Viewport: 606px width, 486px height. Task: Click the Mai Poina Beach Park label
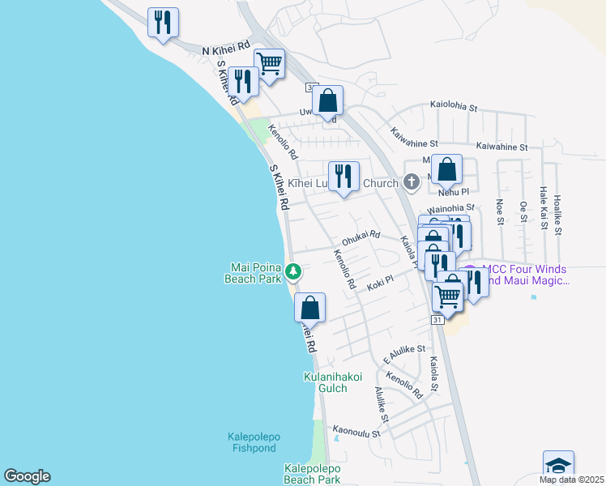255,271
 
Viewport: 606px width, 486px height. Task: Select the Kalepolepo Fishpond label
252,442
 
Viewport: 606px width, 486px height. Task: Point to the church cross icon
412,182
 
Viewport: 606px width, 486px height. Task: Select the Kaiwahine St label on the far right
502,147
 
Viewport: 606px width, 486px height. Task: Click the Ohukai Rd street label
361,236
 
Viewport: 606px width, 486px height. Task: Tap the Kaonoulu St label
356,433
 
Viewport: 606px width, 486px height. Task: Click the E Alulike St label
403,353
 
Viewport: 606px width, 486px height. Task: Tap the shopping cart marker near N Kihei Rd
269,62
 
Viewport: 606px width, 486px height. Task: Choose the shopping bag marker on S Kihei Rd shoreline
309,308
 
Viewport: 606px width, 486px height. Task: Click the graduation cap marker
558,465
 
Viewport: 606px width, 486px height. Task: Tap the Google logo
27,476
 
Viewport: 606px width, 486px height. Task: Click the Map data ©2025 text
571,480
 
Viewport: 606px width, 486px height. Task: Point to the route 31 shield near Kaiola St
437,321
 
